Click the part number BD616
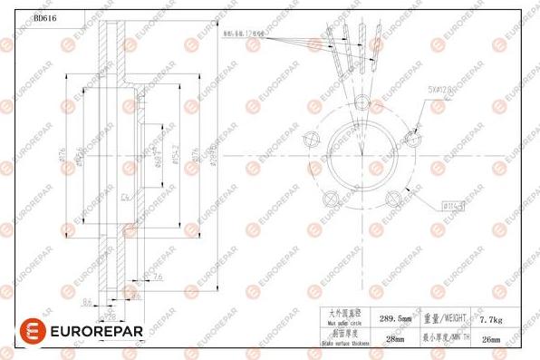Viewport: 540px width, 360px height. tap(45, 18)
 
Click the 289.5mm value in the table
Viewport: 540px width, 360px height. tap(395, 318)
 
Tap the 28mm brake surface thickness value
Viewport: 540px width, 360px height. tap(395, 339)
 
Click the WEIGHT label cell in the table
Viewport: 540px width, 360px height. tap(445, 318)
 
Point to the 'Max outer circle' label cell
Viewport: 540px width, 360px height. tap(345, 318)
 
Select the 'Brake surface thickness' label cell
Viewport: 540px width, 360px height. tap(345, 339)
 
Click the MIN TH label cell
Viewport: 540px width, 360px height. tap(445, 339)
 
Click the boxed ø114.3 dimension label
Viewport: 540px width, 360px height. tap(454, 207)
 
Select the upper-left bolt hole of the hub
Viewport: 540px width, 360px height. tap(313, 138)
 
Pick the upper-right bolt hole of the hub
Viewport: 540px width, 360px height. tap(414, 139)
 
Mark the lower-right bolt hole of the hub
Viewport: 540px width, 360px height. tap(395, 198)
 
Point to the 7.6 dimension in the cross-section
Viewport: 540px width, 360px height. tap(158, 277)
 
